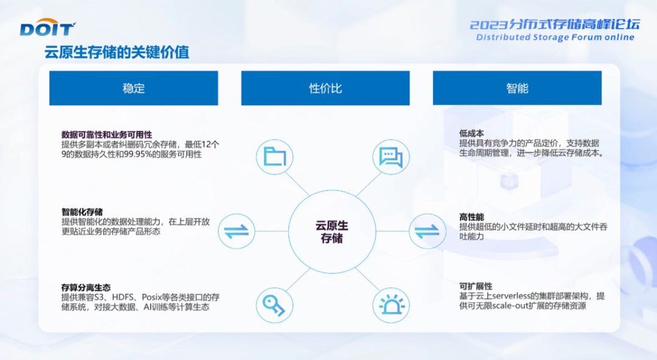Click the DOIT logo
click(x=47, y=27)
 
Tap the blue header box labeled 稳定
click(x=134, y=88)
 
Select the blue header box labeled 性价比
click(x=325, y=88)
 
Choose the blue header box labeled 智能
click(x=517, y=88)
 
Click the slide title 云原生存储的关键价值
click(x=117, y=52)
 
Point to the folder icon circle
click(x=274, y=157)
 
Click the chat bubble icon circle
click(x=391, y=157)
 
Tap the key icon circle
click(x=274, y=305)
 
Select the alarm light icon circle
click(x=391, y=305)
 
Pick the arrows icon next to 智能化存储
click(x=236, y=231)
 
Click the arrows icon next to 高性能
click(x=428, y=231)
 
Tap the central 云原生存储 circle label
click(x=332, y=232)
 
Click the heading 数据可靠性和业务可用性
click(x=106, y=134)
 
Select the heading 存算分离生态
click(x=86, y=288)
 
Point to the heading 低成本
click(x=471, y=133)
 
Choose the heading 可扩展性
click(x=476, y=286)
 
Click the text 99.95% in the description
click(x=138, y=154)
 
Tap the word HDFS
click(x=123, y=297)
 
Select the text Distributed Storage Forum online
click(x=555, y=37)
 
